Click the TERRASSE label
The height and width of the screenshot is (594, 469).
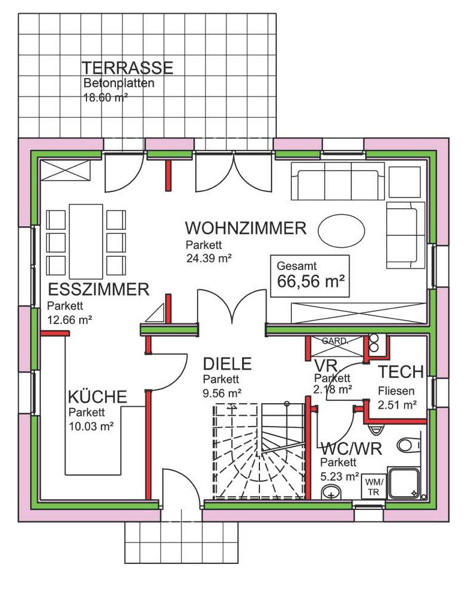click(127, 68)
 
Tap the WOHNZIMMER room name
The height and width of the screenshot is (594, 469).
click(246, 229)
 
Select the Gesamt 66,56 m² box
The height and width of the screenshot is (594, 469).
click(310, 275)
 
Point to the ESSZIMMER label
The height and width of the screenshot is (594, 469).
click(98, 290)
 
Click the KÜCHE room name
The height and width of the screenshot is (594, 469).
click(97, 397)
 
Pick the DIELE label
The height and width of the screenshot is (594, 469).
click(227, 364)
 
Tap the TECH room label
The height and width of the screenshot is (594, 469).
click(401, 372)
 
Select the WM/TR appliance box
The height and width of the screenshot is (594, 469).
click(374, 487)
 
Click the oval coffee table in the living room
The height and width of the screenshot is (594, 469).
click(341, 230)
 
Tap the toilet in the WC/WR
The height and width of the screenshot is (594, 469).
click(411, 445)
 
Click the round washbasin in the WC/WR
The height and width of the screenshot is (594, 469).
click(331, 493)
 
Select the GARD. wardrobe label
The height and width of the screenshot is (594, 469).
click(334, 341)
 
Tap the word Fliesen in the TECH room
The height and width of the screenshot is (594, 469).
click(393, 391)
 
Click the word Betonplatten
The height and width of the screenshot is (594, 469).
click(119, 83)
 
